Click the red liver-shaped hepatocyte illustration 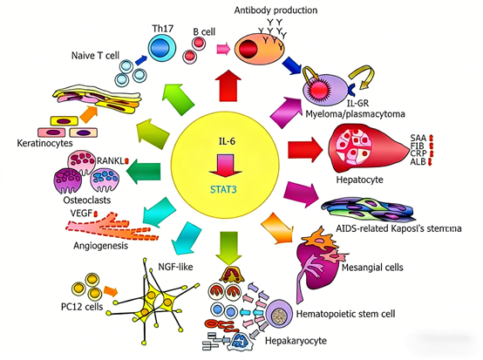(x=365, y=144)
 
